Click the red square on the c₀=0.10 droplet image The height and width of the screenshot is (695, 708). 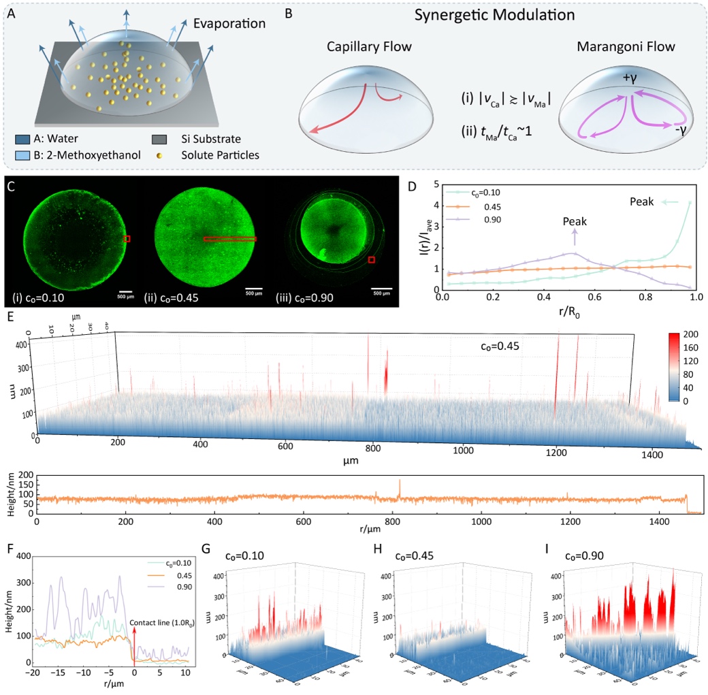click(x=127, y=238)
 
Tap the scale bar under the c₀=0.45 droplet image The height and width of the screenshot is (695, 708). click(x=254, y=287)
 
